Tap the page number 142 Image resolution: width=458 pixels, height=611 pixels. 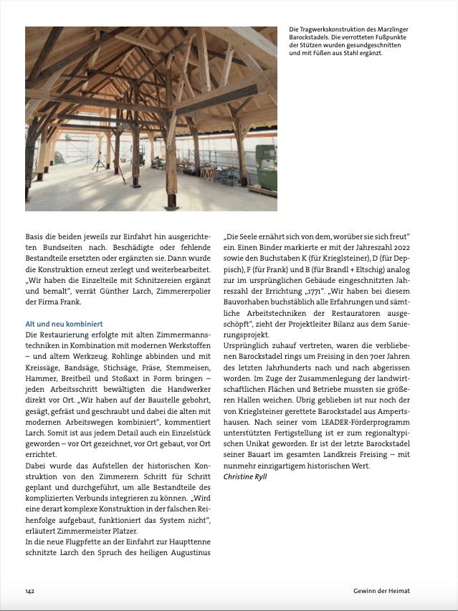[x=30, y=591]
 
